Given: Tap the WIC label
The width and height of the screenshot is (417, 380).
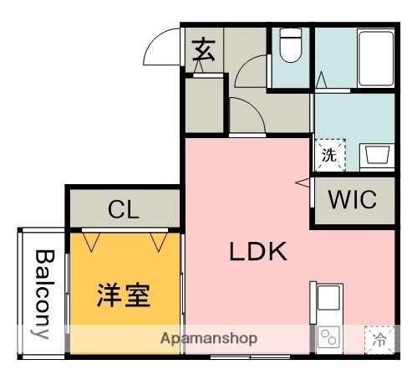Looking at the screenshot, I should (351, 200).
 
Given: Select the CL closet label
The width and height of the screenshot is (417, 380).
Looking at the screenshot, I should (123, 210).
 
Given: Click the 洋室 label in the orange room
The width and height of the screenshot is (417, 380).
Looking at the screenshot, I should (123, 295).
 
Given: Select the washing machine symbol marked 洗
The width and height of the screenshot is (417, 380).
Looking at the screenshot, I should (329, 154).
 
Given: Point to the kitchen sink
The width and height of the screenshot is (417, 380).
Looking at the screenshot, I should (327, 298).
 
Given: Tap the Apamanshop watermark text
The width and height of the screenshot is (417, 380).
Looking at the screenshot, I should (209, 339).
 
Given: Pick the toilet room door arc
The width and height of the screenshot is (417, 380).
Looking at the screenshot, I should (252, 74).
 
